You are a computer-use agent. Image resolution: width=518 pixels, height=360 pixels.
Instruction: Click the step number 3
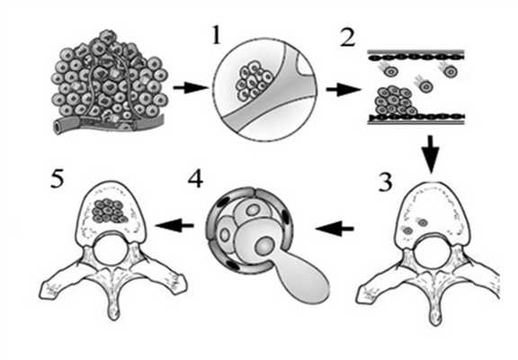click(385, 182)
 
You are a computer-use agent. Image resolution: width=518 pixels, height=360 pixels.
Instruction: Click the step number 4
click(195, 179)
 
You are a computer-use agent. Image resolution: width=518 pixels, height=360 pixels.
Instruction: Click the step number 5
click(57, 179)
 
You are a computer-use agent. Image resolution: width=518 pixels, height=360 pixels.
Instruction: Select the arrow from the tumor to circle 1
click(191, 88)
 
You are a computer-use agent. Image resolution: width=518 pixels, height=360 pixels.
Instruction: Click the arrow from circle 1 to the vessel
click(343, 90)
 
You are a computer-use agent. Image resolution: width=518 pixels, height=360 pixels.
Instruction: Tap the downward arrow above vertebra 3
click(431, 154)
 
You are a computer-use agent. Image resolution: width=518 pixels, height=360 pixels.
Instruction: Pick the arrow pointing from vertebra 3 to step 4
click(335, 229)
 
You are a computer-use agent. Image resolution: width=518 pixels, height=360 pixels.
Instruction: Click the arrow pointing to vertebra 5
click(174, 226)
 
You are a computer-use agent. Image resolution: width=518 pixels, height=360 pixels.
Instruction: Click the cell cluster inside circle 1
click(254, 81)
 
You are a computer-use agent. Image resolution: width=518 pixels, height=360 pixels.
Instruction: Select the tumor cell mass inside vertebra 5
click(110, 211)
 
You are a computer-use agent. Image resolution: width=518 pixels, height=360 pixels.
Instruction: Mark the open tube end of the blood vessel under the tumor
click(59, 127)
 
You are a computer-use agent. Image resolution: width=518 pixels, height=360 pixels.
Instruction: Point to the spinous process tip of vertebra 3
click(435, 319)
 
